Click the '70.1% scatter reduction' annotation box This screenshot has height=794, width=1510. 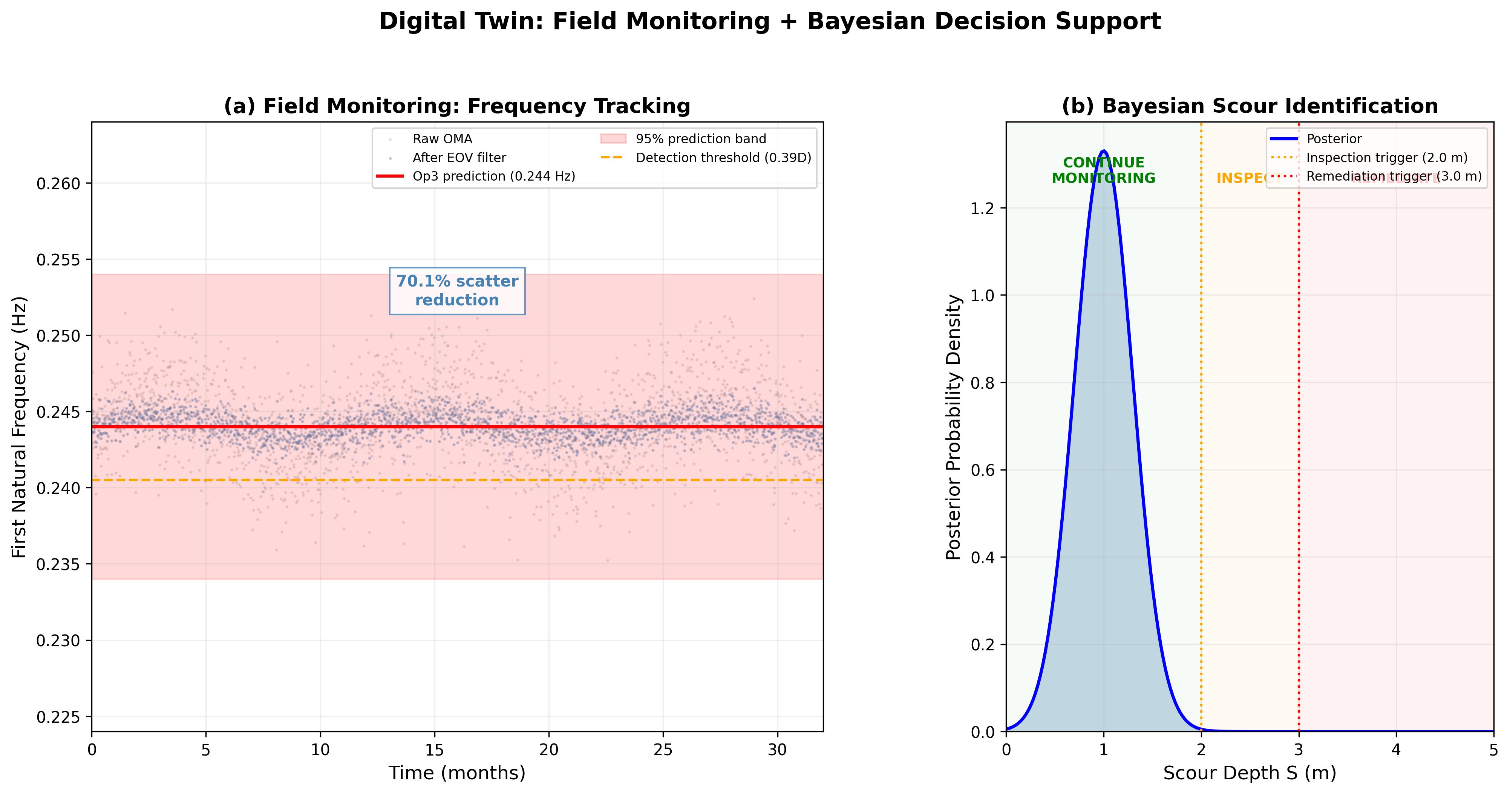(457, 291)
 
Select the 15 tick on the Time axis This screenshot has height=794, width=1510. (434, 750)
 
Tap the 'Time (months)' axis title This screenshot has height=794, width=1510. (457, 773)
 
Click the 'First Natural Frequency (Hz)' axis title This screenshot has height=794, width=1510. (19, 427)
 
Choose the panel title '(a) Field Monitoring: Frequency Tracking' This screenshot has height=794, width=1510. (457, 106)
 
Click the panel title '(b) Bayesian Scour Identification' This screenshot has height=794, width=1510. (1250, 106)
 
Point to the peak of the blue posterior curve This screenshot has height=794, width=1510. (1104, 151)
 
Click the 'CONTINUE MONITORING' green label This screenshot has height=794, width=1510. (1103, 170)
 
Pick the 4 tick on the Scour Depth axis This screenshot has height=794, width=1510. (1396, 750)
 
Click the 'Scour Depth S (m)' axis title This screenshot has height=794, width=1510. (1250, 773)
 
